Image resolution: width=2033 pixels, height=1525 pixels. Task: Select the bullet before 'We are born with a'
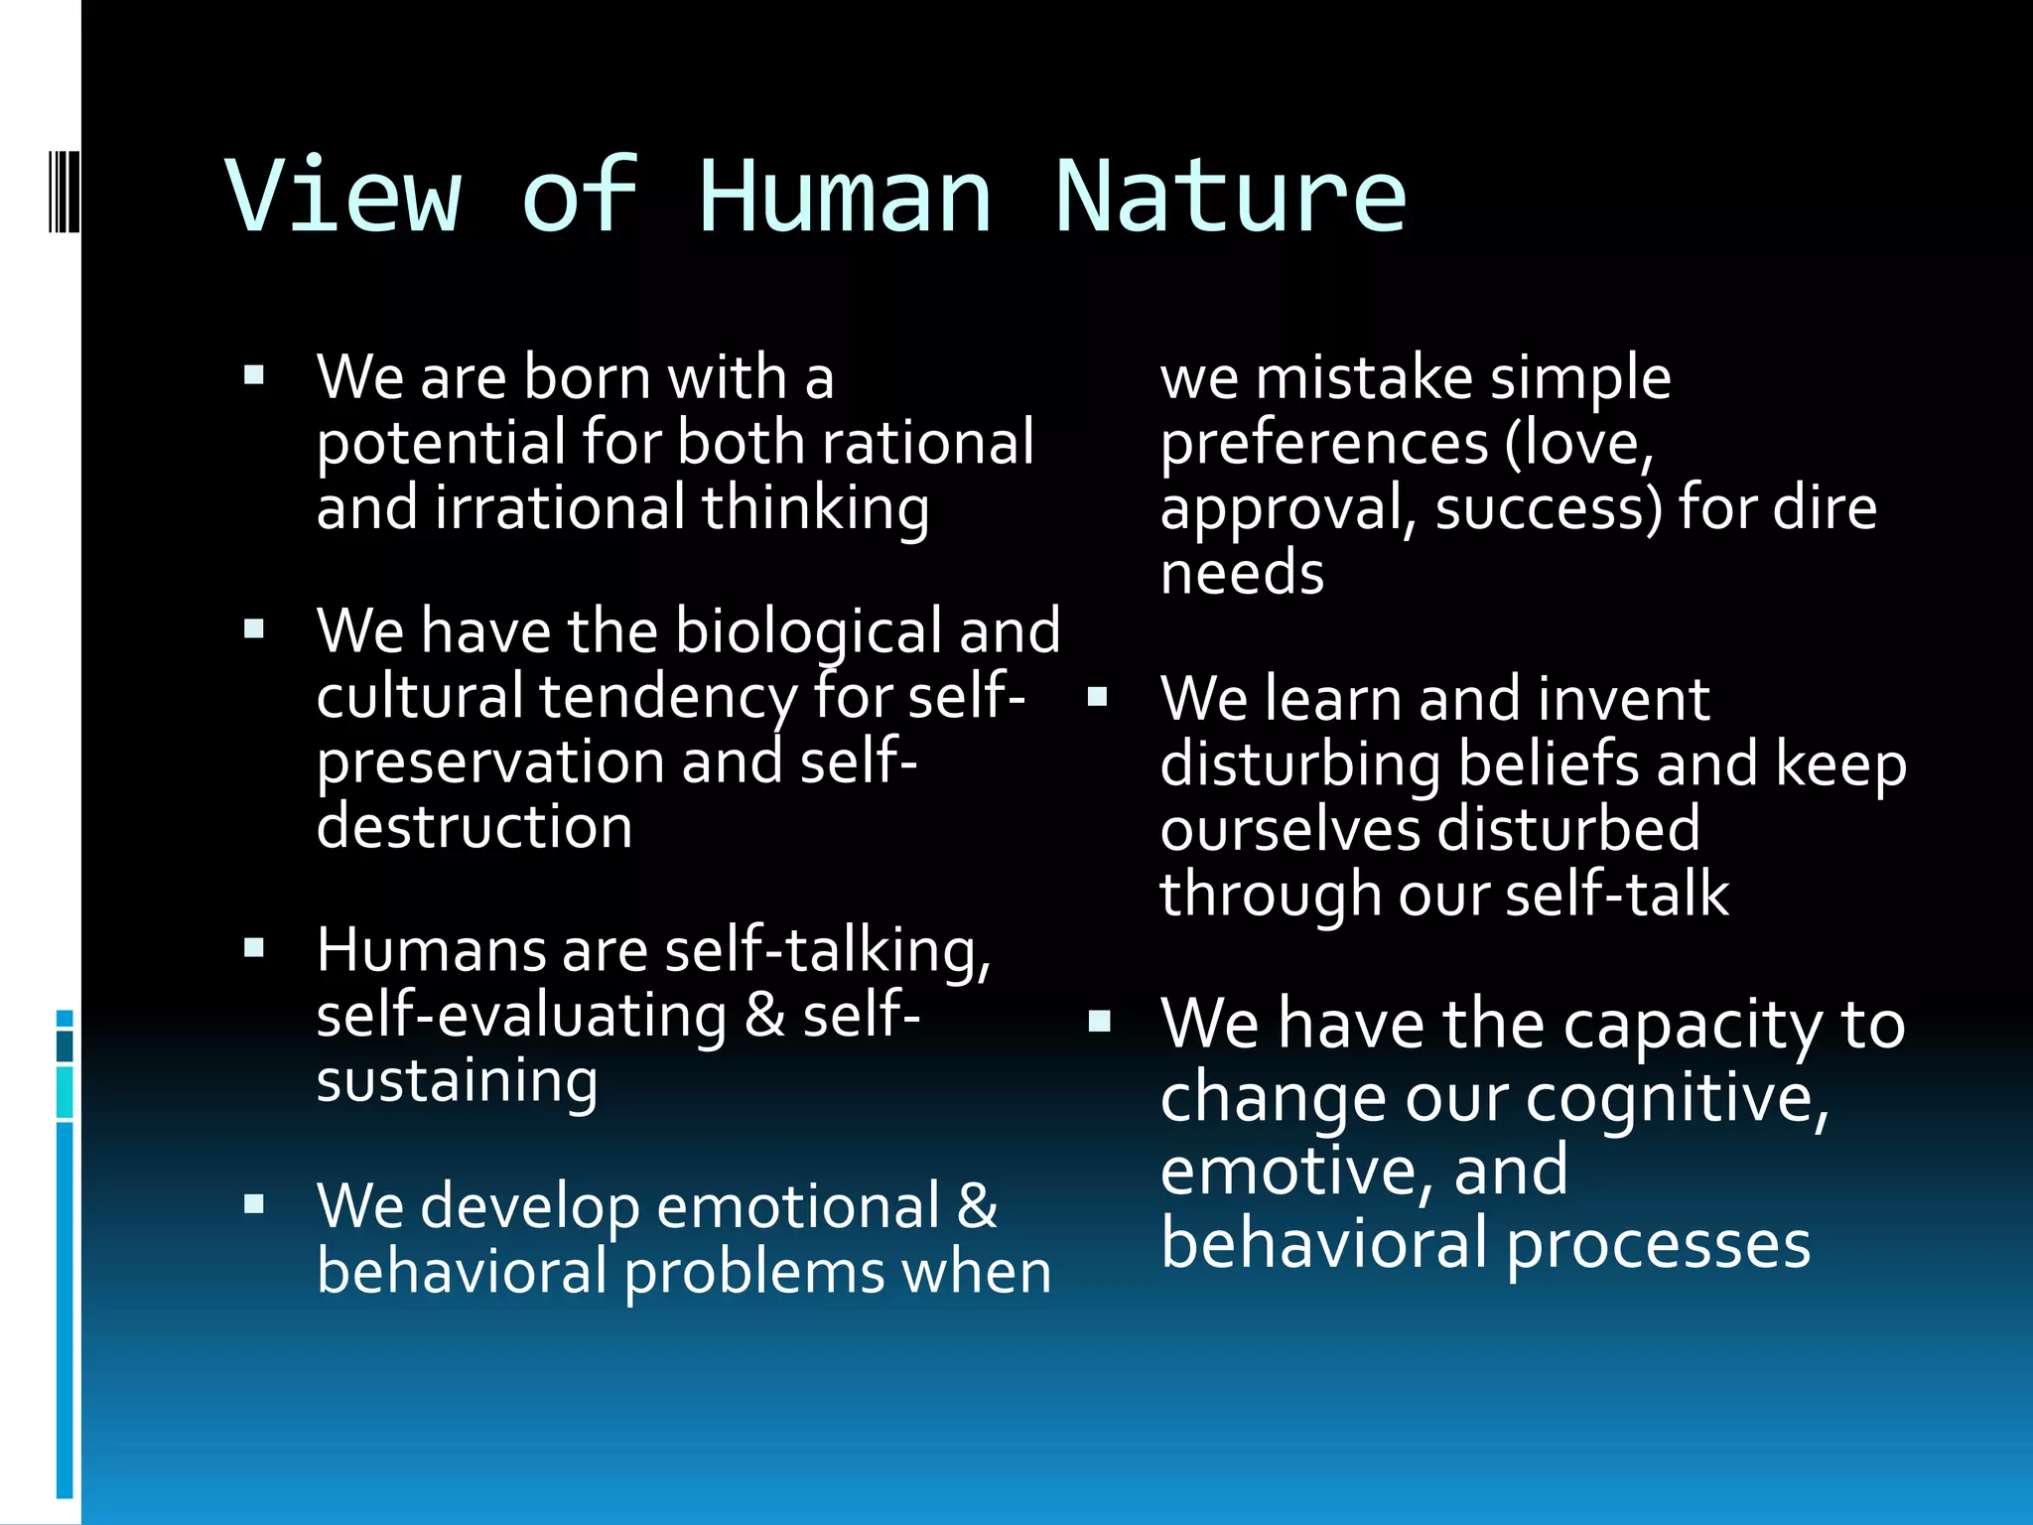254,375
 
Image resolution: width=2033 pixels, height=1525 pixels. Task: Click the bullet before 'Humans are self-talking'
254,948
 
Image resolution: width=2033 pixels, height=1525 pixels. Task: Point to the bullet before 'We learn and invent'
1097,696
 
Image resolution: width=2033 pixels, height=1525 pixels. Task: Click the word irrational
560,507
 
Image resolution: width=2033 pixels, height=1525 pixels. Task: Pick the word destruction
474,827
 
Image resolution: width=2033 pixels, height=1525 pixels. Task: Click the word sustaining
457,1081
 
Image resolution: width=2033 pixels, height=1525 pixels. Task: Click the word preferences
1324,444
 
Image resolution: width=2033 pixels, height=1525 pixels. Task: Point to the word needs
1242,574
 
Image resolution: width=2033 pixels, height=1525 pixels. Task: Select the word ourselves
1290,829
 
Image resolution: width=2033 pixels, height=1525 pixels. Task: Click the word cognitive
1678,1099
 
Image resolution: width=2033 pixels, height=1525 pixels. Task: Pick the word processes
1658,1244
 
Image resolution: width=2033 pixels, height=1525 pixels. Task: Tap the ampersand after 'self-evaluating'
764,1016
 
